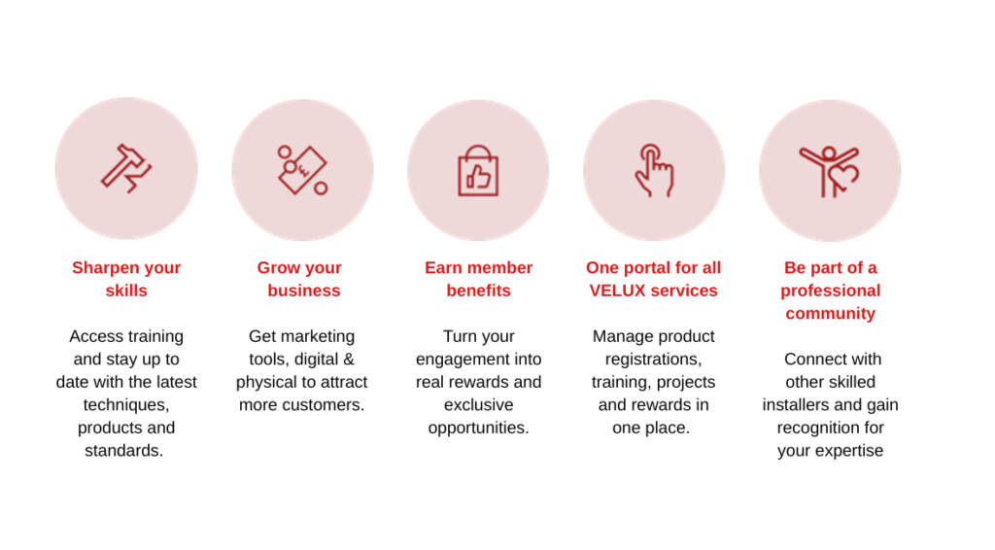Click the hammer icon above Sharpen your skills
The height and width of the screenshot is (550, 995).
(x=126, y=169)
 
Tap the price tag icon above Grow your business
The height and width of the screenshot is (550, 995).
(x=303, y=170)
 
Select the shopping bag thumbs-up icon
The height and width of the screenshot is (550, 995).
(x=478, y=171)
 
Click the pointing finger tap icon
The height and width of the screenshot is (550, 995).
(x=654, y=170)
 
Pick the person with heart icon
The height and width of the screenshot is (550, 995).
(x=830, y=171)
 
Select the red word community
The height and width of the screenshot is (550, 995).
(x=830, y=313)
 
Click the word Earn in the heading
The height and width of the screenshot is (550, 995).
(x=443, y=267)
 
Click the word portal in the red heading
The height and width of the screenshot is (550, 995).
(x=643, y=267)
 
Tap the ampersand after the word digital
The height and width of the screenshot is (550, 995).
(x=349, y=359)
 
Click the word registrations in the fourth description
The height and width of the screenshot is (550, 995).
(x=652, y=359)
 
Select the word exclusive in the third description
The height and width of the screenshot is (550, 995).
(x=478, y=405)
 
